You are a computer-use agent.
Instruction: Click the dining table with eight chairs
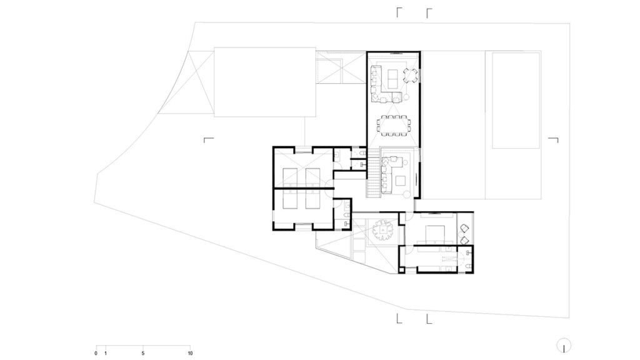394,124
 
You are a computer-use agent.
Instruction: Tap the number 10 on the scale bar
190,354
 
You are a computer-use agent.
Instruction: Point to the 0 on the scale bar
96,354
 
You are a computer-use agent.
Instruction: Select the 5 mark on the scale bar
143,354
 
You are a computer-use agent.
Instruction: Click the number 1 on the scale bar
105,354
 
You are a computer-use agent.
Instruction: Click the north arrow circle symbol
564,345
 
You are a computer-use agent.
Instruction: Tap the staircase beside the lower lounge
374,173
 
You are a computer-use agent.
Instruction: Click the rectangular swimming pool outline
516,100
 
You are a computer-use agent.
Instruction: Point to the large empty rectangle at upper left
265,82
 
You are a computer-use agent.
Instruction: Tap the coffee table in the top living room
394,78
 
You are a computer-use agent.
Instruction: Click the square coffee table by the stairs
401,180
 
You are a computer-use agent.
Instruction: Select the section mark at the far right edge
554,140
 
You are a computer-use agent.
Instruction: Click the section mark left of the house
209,140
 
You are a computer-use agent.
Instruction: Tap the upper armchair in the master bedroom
465,227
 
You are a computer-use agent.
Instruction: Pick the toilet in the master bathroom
468,266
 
